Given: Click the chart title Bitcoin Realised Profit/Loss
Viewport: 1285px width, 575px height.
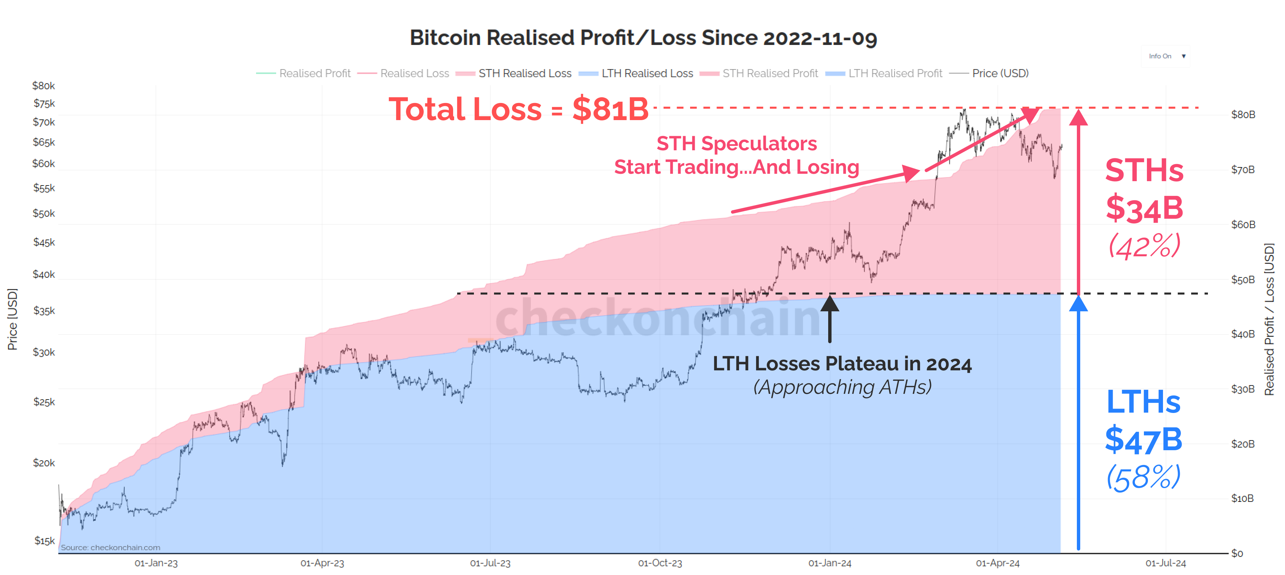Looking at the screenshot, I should pyautogui.click(x=642, y=38).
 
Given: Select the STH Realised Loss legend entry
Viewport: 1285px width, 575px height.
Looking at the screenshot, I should pyautogui.click(x=524, y=73).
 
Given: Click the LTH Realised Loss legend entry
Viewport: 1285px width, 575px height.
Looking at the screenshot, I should pyautogui.click(x=647, y=73).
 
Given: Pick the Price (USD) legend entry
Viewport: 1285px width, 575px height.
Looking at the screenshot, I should pyautogui.click(x=1000, y=73).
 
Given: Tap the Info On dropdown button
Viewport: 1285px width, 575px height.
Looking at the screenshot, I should pyautogui.click(x=1166, y=56).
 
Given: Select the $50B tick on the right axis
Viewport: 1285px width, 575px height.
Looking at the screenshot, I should pyautogui.click(x=1242, y=279).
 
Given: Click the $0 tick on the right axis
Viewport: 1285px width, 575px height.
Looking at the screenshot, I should pyautogui.click(x=1237, y=553).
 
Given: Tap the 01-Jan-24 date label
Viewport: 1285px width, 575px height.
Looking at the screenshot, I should pyautogui.click(x=830, y=563).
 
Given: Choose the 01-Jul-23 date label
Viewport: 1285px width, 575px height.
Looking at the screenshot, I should pyautogui.click(x=490, y=563).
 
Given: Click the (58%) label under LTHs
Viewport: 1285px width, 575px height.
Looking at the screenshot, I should pyautogui.click(x=1143, y=477).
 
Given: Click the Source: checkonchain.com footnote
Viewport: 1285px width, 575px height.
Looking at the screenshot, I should pyautogui.click(x=110, y=547).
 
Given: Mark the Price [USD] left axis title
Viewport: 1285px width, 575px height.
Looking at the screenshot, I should pyautogui.click(x=12, y=319).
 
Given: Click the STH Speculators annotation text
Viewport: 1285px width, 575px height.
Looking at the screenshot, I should pyautogui.click(x=736, y=144).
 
